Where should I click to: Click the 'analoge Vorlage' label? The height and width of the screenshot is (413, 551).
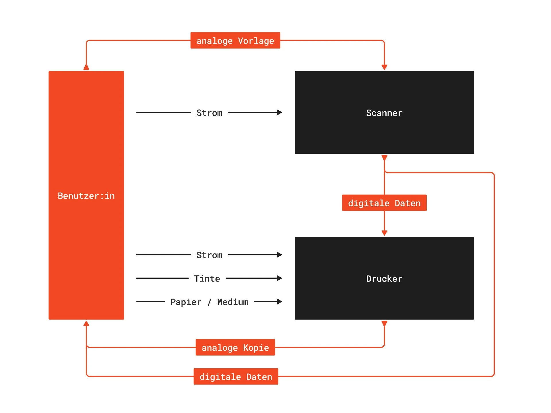235,40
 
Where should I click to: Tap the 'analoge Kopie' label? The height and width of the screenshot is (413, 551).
235,347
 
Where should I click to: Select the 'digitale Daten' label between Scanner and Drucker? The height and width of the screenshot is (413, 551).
384,203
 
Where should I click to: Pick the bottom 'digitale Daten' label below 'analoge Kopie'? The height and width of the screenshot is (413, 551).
236,376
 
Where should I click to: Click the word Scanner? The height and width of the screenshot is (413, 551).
384,113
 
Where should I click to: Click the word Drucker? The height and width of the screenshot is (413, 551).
384,279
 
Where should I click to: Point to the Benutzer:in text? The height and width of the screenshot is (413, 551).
86,196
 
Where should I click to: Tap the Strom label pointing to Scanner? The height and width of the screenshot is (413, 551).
209,113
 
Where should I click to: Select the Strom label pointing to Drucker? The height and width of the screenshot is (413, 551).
209,255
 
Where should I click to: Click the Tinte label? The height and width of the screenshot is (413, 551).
207,278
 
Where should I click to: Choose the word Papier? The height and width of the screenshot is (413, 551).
186,302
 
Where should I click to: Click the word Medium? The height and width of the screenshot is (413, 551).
233,302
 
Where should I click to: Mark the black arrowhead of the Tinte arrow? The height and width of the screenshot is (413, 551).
279,278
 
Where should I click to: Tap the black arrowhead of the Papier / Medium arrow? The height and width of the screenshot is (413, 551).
279,302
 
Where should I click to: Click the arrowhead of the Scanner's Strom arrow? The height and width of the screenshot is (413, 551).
279,113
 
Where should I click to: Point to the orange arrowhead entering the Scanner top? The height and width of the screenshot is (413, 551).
384,67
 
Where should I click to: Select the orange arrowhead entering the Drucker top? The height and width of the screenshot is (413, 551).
384,233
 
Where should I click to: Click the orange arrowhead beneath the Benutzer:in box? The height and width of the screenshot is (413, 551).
86,323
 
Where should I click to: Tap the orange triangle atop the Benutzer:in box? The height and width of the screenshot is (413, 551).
86,67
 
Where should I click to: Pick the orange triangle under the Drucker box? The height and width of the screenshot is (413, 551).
384,323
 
